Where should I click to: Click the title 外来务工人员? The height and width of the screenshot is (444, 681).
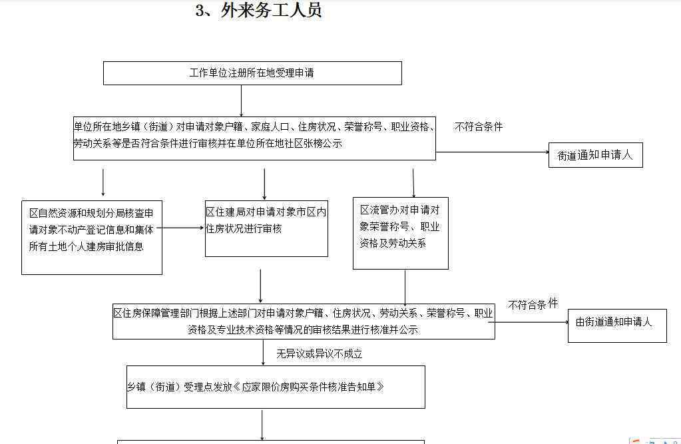click(271, 11)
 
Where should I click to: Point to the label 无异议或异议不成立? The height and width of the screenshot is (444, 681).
click(320, 354)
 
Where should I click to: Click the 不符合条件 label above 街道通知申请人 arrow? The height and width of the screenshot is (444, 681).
click(479, 127)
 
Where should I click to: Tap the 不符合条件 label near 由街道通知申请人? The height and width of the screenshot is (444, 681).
click(533, 305)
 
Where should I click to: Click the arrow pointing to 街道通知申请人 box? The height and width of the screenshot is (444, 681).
click(493, 152)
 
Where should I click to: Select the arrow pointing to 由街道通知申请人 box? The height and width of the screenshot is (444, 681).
click(532, 322)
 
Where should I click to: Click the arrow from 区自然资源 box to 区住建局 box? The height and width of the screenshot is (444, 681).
click(180, 228)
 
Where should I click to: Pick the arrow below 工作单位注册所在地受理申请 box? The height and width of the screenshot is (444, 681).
click(242, 101)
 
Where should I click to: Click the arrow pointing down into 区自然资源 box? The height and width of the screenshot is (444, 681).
click(103, 182)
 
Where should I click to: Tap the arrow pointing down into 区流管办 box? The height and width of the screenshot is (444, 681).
click(413, 183)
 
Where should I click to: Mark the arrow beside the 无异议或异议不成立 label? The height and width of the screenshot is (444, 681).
click(263, 352)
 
